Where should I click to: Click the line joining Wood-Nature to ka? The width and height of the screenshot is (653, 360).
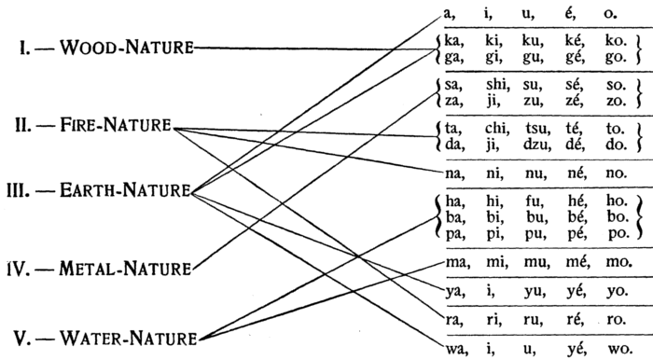click(x=317, y=48)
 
